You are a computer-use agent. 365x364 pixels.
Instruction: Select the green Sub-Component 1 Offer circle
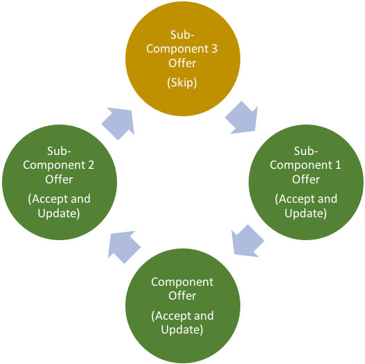pos(305,181)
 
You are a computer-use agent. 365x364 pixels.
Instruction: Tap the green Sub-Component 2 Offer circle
pos(59,181)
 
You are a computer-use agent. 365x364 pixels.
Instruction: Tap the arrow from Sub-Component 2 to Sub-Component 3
pos(120,122)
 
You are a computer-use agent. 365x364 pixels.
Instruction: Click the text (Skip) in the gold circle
pos(182,82)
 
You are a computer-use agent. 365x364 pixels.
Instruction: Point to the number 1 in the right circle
pos(337,165)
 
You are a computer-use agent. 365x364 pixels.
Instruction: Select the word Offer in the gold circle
pos(182,63)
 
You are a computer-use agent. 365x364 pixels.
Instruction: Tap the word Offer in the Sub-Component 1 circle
pos(305,179)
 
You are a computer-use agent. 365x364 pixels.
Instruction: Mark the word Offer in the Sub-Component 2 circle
pos(59,179)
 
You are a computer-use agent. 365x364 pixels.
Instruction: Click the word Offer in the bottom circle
pos(182,295)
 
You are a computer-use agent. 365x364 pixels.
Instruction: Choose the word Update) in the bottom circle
pos(182,330)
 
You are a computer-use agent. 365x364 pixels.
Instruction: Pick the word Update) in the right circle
pos(305,213)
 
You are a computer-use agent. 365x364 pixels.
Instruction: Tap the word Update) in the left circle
pos(59,213)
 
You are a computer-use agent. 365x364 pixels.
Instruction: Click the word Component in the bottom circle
pos(182,282)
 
